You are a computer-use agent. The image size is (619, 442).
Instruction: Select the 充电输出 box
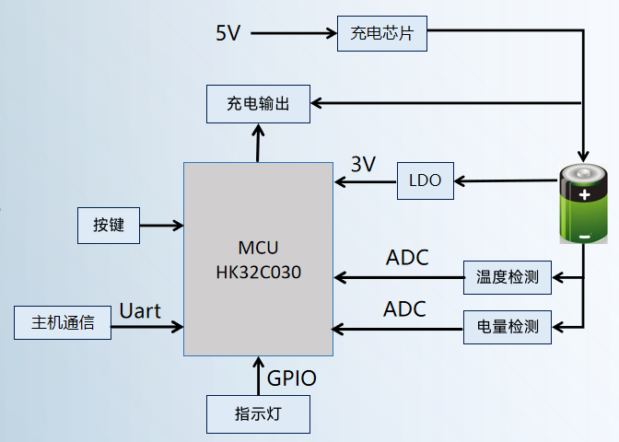(258, 103)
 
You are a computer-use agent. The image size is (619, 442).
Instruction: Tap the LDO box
(426, 181)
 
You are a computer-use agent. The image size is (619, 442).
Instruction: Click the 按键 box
(109, 225)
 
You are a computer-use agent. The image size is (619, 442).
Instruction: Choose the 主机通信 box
(63, 323)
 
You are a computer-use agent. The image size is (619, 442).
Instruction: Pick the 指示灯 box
(258, 413)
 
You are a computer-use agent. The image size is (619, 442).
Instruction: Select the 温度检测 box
(507, 275)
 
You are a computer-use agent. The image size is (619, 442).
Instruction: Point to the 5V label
(228, 33)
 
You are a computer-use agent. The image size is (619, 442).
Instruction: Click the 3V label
(363, 164)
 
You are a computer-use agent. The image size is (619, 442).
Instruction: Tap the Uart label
(140, 310)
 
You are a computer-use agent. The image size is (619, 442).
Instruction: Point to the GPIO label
(291, 378)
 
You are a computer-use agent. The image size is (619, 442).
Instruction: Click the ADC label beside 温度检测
(407, 258)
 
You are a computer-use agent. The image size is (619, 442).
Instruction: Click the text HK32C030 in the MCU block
(258, 273)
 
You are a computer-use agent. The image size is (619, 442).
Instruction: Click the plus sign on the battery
(584, 194)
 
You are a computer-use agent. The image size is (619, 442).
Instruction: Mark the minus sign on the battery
(584, 237)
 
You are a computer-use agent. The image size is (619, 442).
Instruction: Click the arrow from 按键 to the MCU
(162, 225)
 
